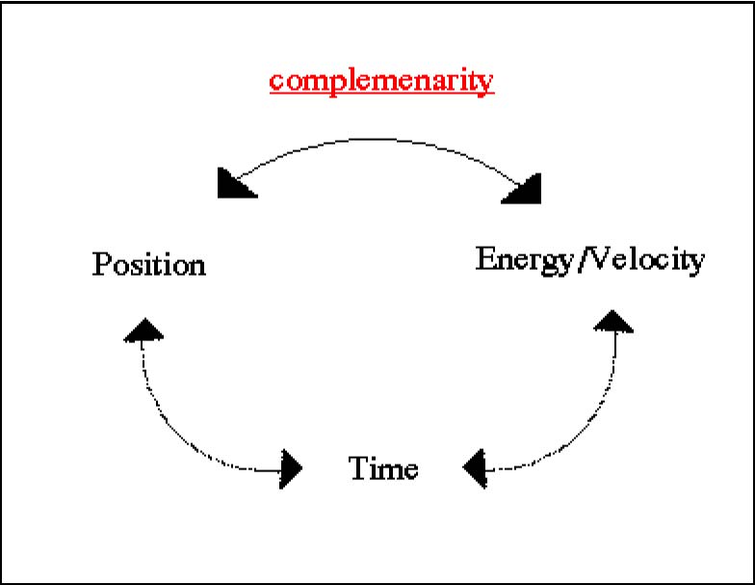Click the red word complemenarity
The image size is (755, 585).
point(381,81)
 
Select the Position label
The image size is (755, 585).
point(148,264)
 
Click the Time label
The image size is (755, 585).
point(383,468)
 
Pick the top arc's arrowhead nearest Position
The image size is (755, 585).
point(237,183)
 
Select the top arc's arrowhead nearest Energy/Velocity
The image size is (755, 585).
point(522,189)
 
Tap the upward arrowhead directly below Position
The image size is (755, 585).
point(143,330)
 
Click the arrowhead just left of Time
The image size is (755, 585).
point(291,468)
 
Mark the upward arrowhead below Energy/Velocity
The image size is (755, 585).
point(613,321)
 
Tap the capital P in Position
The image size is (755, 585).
point(101,264)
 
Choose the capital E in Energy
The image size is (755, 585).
point(486,258)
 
